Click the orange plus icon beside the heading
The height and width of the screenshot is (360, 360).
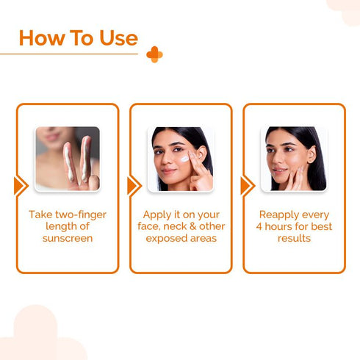[154, 54]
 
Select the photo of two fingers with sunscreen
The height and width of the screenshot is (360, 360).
[68, 159]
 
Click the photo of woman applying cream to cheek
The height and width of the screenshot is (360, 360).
[181, 159]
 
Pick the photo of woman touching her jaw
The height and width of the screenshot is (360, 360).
[294, 159]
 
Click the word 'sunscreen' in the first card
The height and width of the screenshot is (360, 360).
[68, 239]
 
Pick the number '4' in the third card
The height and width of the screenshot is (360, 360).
[259, 226]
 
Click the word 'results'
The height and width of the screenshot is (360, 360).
[294, 239]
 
